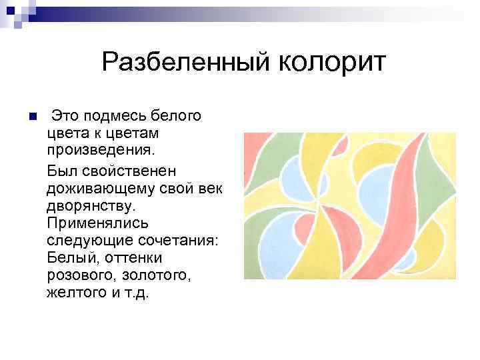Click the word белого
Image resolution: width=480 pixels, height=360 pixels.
[x=178, y=116]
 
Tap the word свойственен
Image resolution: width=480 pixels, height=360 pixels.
[x=132, y=175]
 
